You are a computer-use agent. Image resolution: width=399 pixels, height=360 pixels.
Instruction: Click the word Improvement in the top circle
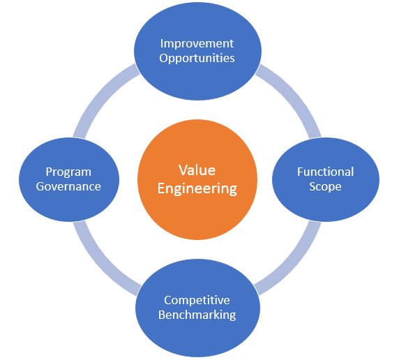click(x=197, y=44)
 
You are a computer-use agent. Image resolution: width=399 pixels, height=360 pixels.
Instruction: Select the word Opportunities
click(x=197, y=59)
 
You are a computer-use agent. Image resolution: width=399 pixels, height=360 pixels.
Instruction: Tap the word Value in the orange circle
click(x=197, y=170)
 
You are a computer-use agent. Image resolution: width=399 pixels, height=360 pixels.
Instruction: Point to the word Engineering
click(x=197, y=189)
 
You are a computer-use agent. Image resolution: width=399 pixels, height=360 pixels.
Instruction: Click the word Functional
click(x=326, y=172)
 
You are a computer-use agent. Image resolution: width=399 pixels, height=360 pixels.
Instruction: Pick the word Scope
click(x=325, y=186)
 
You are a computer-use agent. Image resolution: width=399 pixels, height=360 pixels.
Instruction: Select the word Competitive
click(x=197, y=300)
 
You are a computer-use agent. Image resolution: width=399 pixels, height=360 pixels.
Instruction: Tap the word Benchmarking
click(x=197, y=315)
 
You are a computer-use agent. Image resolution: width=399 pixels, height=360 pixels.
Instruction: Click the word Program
click(x=68, y=172)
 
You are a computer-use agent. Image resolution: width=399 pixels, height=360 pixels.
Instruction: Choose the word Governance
click(x=68, y=186)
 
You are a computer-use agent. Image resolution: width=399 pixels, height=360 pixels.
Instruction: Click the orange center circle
click(x=197, y=179)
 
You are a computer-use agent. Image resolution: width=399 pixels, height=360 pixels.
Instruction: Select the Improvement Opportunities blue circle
click(x=197, y=51)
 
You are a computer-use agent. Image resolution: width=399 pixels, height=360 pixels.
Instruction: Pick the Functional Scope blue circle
click(x=326, y=179)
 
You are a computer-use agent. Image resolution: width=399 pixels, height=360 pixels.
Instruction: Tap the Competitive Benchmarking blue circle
click(x=197, y=308)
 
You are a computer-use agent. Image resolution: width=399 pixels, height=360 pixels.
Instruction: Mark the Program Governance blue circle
click(x=69, y=179)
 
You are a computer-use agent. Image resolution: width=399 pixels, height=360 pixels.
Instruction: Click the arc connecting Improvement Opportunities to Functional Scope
click(x=295, y=96)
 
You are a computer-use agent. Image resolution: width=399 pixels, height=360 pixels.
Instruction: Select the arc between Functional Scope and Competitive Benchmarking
click(x=295, y=264)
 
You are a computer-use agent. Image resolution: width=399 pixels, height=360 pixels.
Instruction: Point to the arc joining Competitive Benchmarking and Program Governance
click(x=100, y=264)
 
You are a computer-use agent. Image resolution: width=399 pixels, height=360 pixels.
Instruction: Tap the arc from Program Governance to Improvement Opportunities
click(x=100, y=96)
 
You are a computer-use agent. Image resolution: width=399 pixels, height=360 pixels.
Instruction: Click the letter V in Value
click(x=183, y=170)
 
